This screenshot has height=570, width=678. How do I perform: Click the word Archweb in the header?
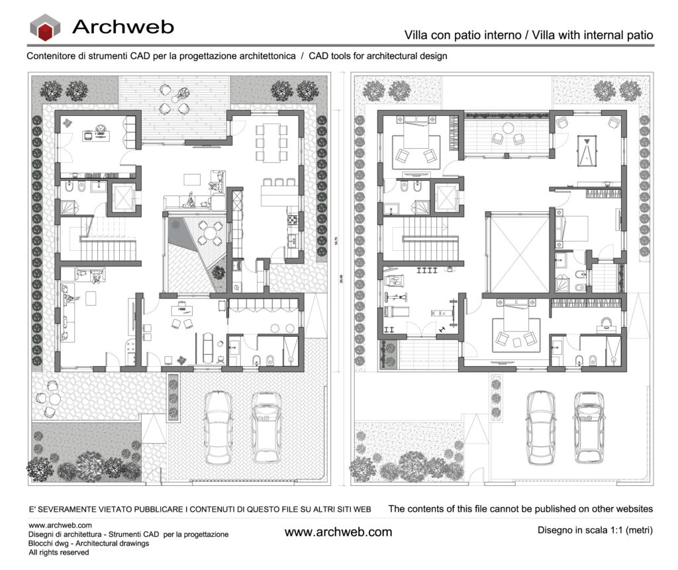122,26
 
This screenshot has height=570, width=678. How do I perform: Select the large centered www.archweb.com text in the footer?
338,532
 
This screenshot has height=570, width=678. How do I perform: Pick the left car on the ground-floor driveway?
218,426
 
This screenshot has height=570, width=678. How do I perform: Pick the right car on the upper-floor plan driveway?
589,426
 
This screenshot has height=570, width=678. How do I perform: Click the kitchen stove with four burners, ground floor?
290,216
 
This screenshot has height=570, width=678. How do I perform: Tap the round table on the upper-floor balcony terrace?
508,128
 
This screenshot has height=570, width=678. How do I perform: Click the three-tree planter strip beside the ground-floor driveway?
173,396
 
